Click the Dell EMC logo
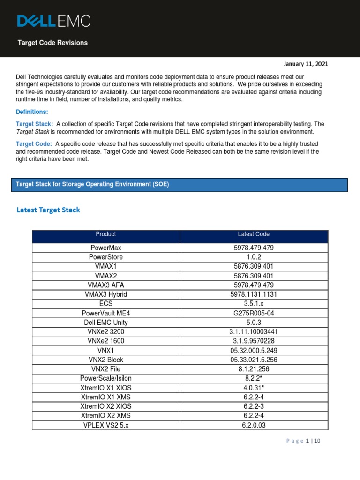(54, 21)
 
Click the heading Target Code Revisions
(52, 43)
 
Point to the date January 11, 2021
(305, 64)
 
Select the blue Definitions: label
(32, 112)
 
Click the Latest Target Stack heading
(48, 210)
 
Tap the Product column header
(105, 234)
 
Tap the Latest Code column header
(254, 234)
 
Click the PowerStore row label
(105, 257)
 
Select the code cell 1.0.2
(254, 257)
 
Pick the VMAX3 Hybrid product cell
(105, 294)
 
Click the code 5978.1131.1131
(254, 294)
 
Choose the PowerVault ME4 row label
(105, 313)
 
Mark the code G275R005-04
(254, 313)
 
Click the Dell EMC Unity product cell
(105, 322)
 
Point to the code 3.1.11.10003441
(254, 332)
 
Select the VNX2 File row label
(105, 369)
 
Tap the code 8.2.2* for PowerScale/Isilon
(254, 378)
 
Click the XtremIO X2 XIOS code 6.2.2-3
(254, 406)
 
